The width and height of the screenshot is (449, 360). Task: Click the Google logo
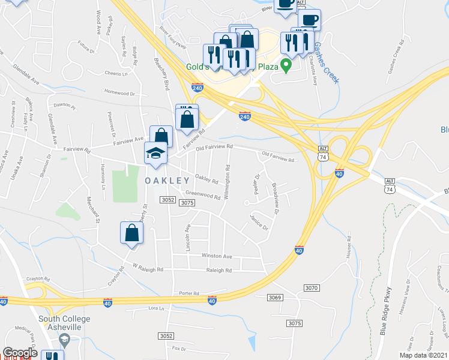20,353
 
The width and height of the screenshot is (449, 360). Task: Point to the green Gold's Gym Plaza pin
287,65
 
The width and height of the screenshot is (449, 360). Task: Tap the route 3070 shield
311,289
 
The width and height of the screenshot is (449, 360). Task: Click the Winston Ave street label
216,256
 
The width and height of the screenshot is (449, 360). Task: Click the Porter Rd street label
188,293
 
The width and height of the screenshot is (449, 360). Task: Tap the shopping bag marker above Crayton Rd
131,234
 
